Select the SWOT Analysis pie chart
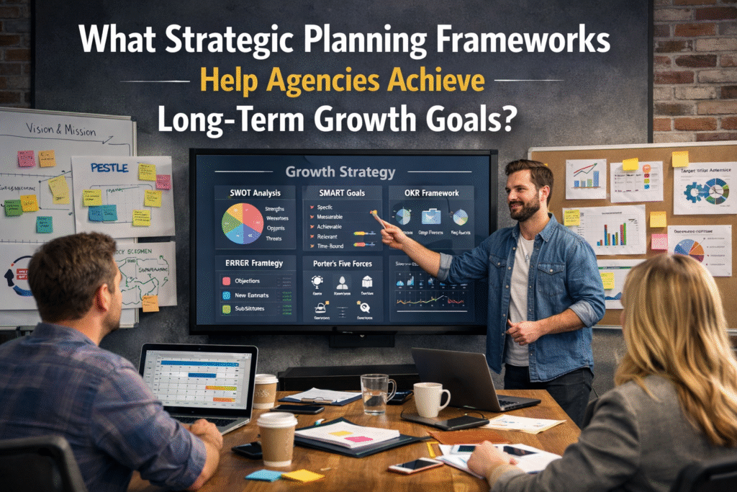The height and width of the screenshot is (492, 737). (x=242, y=224)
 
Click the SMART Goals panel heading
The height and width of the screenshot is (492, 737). (x=342, y=192)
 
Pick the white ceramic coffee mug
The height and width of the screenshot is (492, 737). (x=430, y=399)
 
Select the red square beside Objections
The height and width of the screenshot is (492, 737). (x=226, y=280)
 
